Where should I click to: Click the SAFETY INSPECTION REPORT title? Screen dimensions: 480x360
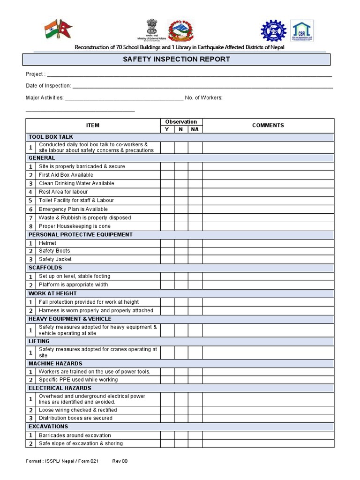(176, 60)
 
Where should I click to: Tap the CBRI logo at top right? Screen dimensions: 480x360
(302, 31)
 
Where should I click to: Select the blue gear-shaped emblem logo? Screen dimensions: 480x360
(273, 31)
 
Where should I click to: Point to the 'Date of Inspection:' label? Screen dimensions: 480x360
(48, 86)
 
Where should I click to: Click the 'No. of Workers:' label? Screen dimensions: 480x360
(203, 97)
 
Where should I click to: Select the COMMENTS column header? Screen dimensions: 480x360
(268, 125)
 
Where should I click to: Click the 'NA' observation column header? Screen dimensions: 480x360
(195, 129)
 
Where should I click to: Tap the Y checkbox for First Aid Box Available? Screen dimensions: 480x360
(167, 175)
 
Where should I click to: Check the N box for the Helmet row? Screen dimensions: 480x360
(181, 243)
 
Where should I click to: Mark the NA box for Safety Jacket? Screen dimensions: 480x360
(195, 259)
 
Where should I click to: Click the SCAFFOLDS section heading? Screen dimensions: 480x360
(45, 268)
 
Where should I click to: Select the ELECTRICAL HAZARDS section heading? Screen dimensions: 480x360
(60, 388)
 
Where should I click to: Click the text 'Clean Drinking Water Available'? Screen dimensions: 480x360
(76, 183)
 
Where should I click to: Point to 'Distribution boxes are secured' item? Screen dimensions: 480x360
(75, 418)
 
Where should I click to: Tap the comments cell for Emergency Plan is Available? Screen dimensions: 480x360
(268, 209)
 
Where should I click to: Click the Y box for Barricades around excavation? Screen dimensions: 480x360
(167, 435)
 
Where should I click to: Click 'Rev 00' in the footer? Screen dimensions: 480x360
(120, 461)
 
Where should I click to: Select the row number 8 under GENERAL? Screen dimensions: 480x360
(31, 226)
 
